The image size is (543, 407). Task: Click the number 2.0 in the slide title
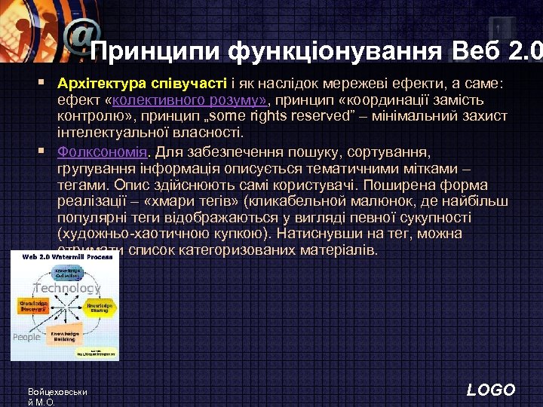[x=526, y=52]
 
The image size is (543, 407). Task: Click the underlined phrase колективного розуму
[x=198, y=100]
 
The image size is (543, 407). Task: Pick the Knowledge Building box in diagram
[x=67, y=336]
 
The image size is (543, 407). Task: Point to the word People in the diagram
[x=26, y=337]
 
